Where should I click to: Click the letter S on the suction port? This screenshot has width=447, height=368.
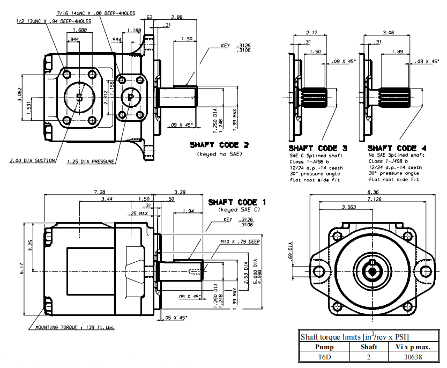tap(79, 97)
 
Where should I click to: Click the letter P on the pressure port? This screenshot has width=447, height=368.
tap(130, 97)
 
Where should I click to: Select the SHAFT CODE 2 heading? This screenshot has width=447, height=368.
tap(219, 145)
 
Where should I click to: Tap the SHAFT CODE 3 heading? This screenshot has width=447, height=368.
tap(313, 148)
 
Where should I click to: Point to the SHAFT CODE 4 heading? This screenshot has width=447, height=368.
tap(393, 148)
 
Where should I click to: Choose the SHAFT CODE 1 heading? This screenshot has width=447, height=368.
tap(237, 202)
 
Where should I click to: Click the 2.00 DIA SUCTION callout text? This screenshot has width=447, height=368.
tap(33, 160)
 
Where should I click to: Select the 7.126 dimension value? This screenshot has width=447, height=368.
tap(375, 199)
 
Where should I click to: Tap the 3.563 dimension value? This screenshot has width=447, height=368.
tap(349, 207)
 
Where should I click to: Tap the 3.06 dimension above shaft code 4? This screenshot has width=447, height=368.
tap(389, 33)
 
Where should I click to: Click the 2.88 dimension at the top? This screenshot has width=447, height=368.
tap(176, 18)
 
